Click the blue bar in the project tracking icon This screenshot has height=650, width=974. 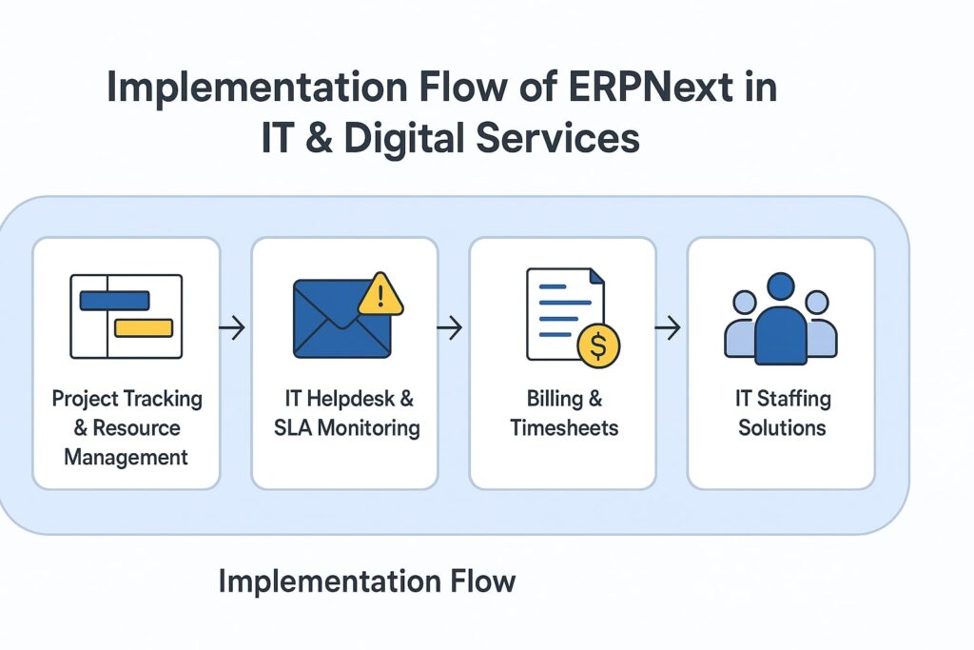coord(114,301)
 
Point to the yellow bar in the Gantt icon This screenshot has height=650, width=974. coord(143,327)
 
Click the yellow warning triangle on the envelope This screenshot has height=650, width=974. coord(380,295)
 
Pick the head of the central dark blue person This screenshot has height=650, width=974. coord(781,287)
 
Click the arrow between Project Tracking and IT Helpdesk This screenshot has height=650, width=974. coord(232,328)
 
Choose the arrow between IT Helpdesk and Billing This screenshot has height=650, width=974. coord(450,328)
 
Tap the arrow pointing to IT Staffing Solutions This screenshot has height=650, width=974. coord(669,328)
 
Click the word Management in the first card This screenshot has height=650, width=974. coord(127,458)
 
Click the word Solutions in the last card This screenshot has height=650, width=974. coord(781,427)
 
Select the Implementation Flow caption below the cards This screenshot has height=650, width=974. coord(367,581)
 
